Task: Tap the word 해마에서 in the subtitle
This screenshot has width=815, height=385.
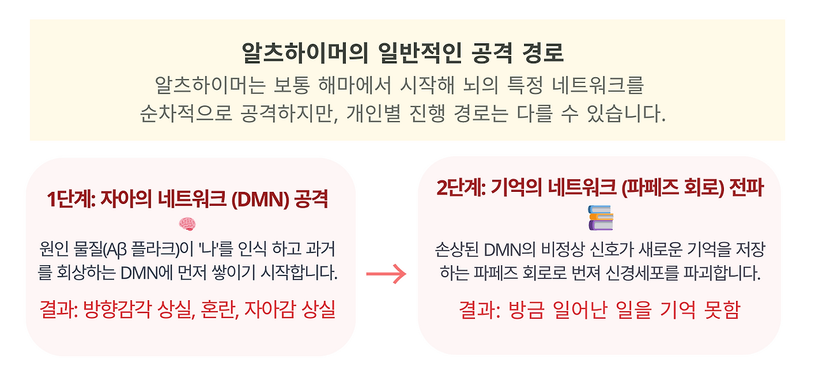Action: point(341,85)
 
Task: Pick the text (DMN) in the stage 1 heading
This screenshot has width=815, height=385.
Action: point(262,200)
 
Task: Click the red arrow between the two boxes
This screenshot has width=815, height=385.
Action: point(386,274)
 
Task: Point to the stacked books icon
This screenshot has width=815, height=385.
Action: point(600,217)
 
